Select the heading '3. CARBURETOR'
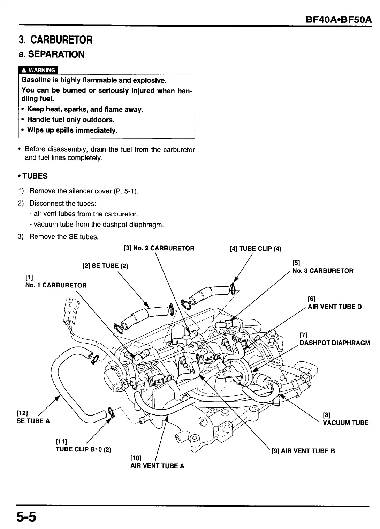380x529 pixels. [x=56, y=39]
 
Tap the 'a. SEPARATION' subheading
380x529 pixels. [x=51, y=54]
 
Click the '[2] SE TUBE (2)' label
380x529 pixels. [x=105, y=266]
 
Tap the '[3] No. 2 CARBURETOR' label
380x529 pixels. [x=159, y=248]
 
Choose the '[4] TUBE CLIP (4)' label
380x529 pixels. [x=255, y=249]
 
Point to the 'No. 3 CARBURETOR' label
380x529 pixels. [x=323, y=271]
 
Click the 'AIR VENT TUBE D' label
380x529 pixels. [x=335, y=307]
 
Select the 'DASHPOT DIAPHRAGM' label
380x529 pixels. [x=335, y=343]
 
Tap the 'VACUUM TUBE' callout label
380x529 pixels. [x=345, y=423]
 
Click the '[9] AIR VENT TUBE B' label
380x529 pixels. [x=303, y=451]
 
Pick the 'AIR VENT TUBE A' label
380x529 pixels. [x=157, y=466]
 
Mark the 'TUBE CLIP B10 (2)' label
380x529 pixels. [x=83, y=449]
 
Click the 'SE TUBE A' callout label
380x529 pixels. [x=33, y=421]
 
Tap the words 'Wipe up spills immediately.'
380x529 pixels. [x=72, y=131]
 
